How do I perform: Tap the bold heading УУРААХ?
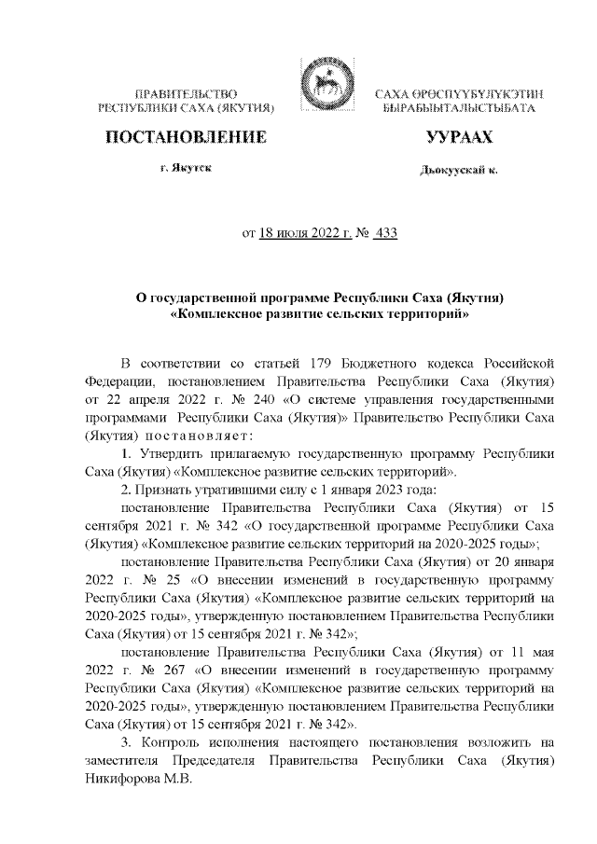coord(458,138)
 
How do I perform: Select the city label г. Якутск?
coord(185,169)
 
